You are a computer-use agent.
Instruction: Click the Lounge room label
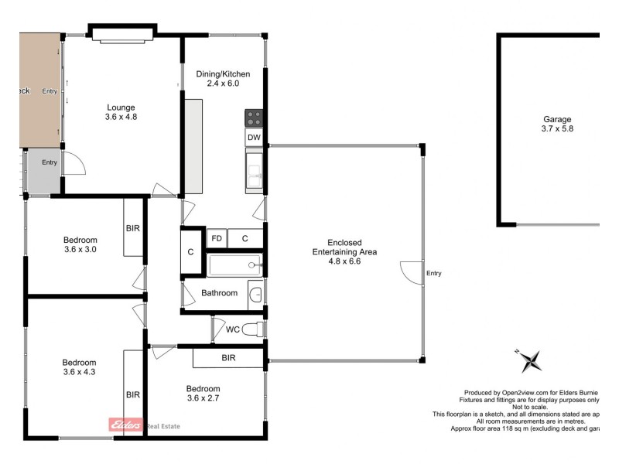point(121,112)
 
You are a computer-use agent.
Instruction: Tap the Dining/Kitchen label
point(223,78)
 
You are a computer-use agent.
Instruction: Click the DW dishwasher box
point(254,138)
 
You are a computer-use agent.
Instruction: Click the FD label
point(217,238)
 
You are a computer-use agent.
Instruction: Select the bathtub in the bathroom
point(235,265)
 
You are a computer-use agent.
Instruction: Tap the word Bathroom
point(219,293)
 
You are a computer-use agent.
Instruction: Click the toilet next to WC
point(253,329)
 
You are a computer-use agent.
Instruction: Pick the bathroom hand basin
point(256,294)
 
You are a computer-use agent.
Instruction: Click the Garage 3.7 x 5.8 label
point(556,125)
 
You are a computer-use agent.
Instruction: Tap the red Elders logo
point(125,425)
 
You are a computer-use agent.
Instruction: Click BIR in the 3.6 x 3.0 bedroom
point(133,228)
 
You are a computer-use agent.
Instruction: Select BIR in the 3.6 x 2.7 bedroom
point(228,359)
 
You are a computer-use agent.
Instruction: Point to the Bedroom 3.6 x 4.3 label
point(79,367)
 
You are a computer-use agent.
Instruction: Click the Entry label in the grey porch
point(50,162)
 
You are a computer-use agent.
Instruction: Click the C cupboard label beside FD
point(245,238)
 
